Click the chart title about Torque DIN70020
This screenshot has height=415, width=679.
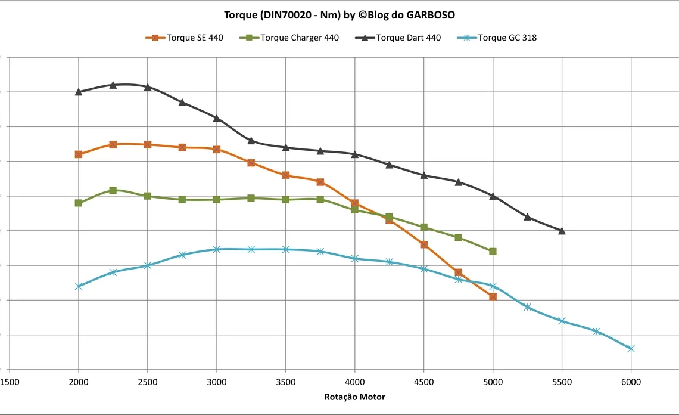[x=339, y=14]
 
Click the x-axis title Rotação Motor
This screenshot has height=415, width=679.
[x=354, y=397]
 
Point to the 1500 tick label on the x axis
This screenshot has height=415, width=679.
[x=10, y=382]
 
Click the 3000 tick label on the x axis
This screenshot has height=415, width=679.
[x=217, y=382]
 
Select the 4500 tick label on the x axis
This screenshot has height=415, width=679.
[x=424, y=382]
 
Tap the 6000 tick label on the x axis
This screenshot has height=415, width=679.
[x=631, y=382]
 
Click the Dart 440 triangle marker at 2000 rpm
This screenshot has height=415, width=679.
[x=79, y=92]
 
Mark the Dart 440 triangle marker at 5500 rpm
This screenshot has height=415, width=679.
[x=562, y=231]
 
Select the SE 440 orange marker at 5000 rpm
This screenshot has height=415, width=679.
[x=493, y=296]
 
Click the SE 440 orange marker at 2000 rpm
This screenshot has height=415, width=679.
[x=79, y=154]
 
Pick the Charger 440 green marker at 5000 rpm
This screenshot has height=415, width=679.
[x=493, y=252]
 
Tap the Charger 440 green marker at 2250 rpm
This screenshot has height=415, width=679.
[x=113, y=190]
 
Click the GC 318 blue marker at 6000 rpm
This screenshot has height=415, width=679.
[x=631, y=348]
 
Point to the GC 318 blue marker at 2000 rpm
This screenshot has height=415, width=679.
[x=79, y=286]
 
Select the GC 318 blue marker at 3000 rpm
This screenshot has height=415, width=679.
[x=217, y=249]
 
